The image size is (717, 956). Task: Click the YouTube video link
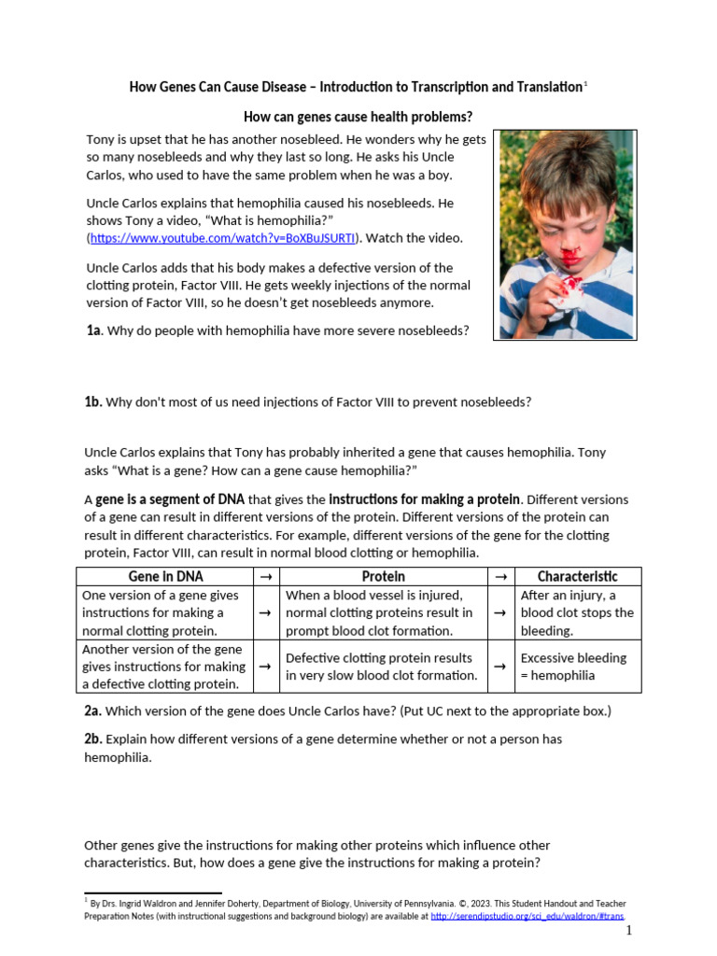point(223,238)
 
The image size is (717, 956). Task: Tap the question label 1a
point(93,330)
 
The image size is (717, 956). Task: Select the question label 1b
point(92,401)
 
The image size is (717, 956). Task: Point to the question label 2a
point(92,710)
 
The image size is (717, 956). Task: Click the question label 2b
point(92,738)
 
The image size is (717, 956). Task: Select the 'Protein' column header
point(383,576)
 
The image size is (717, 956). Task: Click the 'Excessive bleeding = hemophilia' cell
point(573,666)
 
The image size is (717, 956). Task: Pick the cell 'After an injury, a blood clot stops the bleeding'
point(576,612)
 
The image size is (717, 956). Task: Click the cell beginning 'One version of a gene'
point(161,612)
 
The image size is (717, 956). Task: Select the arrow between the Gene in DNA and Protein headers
point(265,577)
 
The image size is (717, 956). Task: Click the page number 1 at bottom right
point(629,931)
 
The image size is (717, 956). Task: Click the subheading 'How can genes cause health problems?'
point(358,117)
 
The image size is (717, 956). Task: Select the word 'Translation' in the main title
point(543,87)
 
